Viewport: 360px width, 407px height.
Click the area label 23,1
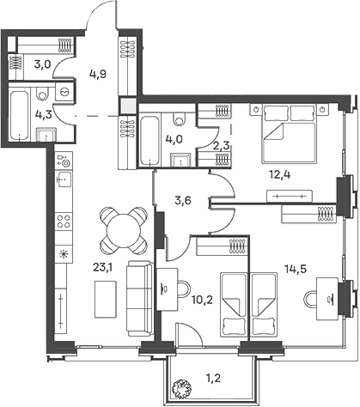pyautogui.click(x=103, y=268)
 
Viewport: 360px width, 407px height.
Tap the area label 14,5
pyautogui.click(x=296, y=269)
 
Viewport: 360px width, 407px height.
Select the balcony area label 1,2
pyautogui.click(x=213, y=379)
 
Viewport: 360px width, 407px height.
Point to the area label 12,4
pyautogui.click(x=280, y=174)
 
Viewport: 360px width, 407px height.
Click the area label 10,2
pyautogui.click(x=202, y=301)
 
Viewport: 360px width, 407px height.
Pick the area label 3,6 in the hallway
pyautogui.click(x=183, y=201)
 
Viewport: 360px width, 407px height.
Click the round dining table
pyautogui.click(x=124, y=231)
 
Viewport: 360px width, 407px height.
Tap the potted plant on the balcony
pyautogui.click(x=181, y=388)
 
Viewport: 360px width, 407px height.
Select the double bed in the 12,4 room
pyautogui.click(x=289, y=134)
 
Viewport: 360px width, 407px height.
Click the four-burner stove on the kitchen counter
pyautogui.click(x=64, y=222)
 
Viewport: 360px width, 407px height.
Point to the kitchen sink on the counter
pyautogui.click(x=64, y=179)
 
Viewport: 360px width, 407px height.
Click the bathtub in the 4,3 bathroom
pyautogui.click(x=20, y=114)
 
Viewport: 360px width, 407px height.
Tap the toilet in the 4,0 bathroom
pyautogui.click(x=180, y=118)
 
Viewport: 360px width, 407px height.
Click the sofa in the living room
pyautogui.click(x=140, y=298)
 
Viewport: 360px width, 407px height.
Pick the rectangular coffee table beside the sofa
pyautogui.click(x=106, y=299)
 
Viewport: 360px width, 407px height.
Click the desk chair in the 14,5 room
pyautogui.click(x=310, y=300)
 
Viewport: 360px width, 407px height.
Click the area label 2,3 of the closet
pyautogui.click(x=222, y=146)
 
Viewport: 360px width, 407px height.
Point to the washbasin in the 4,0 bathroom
pyautogui.click(x=180, y=160)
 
